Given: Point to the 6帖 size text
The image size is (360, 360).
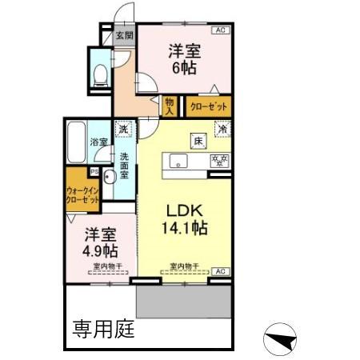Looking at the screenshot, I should tap(184, 67).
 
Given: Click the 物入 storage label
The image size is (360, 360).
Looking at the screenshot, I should tap(169, 106).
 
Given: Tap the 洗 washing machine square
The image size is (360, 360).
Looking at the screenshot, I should tap(124, 129).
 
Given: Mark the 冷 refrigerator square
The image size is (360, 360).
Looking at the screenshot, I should tap(222, 129).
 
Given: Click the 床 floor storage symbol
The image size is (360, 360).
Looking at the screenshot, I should tap(196, 142).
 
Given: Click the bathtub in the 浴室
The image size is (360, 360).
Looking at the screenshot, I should tap(78, 141).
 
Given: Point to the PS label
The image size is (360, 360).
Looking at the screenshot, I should tap(94, 171).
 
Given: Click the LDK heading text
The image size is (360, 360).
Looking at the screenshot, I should tap(187, 210).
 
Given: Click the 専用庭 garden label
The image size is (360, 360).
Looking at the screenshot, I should tap(104, 328).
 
